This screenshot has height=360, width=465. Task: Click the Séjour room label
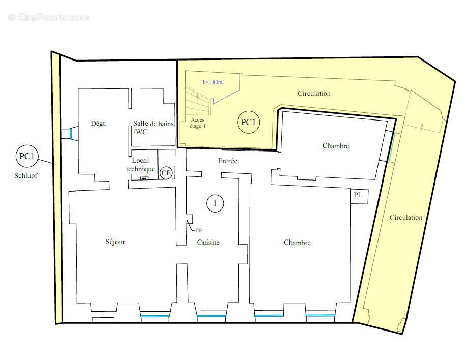point(115,242)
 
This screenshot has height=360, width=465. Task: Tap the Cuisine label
point(209,243)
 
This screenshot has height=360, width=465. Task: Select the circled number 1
point(215,203)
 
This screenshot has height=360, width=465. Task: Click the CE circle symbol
point(166,173)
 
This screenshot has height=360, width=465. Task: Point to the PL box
point(359,196)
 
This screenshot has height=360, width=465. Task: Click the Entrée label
point(227,161)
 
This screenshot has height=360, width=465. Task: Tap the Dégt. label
point(99,123)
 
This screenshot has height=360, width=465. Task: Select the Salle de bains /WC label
point(153,128)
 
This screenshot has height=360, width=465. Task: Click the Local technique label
point(140,165)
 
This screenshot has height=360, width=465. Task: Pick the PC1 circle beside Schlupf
point(27,156)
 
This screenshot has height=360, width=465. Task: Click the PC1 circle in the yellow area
point(248,122)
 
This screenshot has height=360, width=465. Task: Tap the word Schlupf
point(26,176)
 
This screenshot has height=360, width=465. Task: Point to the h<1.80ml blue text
point(213,82)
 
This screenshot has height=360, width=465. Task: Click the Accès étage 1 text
point(197,123)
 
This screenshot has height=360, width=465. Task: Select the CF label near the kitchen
point(199,230)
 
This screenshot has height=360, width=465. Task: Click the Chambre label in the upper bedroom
point(336,146)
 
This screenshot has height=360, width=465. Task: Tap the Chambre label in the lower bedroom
point(297,243)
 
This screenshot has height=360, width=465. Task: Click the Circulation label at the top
point(314,94)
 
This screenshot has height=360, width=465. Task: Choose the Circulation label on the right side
point(406,217)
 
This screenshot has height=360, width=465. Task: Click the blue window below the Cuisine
point(212,316)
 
